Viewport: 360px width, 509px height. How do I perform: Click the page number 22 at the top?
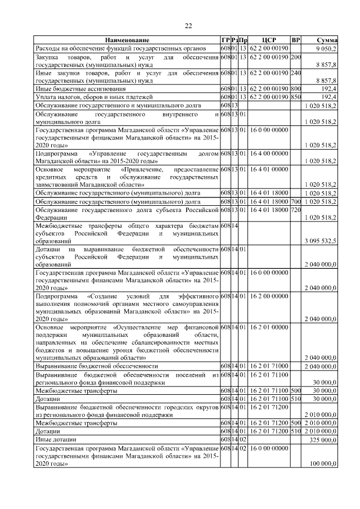pyautogui.click(x=188, y=25)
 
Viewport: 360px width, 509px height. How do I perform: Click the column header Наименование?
pyautogui.click(x=127, y=40)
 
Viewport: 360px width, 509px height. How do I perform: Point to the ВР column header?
pyautogui.click(x=296, y=40)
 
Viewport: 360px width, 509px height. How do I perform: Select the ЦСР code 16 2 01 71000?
pyautogui.click(x=269, y=366)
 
